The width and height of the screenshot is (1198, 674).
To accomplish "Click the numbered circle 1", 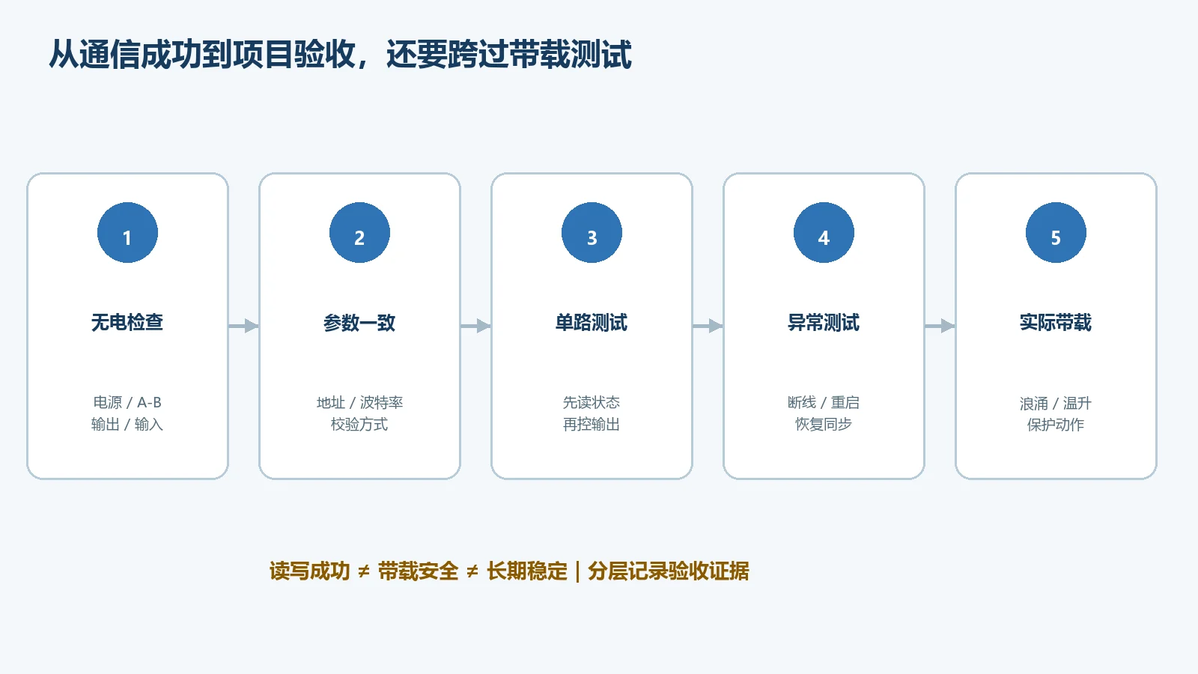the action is point(127,233).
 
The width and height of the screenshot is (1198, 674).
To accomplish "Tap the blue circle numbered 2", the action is point(359,233).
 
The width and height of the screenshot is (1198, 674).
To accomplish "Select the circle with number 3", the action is point(592,233).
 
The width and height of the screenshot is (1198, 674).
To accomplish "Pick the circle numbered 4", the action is point(824,233).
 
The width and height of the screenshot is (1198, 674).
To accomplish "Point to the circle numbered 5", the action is point(1056,233).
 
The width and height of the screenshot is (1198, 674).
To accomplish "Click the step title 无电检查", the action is point(127,323).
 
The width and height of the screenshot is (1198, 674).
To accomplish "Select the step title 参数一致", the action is point(359,323).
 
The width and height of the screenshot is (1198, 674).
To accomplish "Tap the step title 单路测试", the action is point(592,323).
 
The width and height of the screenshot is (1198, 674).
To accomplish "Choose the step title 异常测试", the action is point(824,323).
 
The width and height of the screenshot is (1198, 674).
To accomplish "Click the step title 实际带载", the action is point(1056,323).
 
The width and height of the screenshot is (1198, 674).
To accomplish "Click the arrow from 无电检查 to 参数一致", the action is point(244,326).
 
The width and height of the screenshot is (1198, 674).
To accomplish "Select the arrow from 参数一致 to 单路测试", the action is point(476,326).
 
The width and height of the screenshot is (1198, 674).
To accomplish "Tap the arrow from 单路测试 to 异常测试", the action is point(708,326).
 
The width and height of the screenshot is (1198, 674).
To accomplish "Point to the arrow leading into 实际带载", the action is point(940,326).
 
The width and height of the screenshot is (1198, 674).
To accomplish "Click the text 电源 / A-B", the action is point(127,402).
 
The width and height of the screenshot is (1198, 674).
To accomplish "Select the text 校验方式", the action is point(359,425).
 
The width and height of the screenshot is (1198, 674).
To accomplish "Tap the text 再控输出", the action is point(592,425).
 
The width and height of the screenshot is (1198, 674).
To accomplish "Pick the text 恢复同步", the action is point(824,425).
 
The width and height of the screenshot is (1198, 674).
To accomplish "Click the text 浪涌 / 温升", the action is point(1056,403).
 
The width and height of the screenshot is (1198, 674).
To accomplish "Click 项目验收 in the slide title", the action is point(295,55).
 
